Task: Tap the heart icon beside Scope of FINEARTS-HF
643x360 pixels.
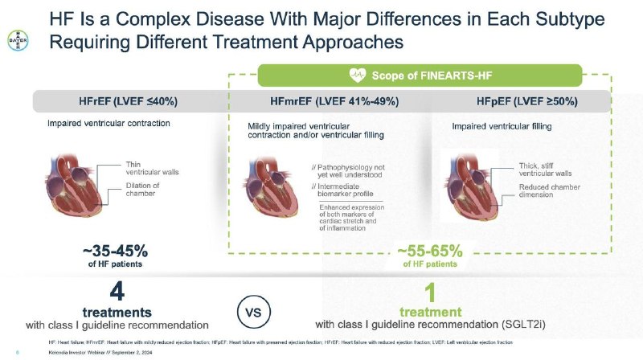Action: click(358, 76)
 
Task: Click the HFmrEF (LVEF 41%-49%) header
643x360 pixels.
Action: click(329, 101)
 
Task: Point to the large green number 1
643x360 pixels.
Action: click(430, 291)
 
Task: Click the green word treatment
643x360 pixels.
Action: click(430, 310)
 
